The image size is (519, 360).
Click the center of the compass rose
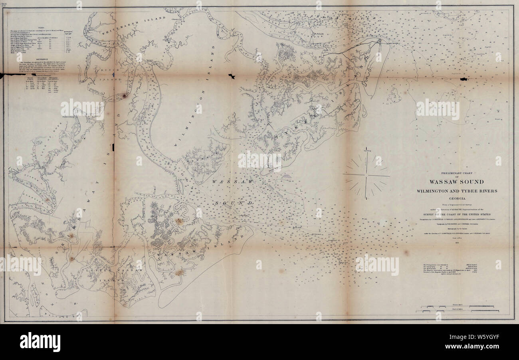[x=365, y=176]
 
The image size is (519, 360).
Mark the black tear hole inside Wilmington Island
[x=231, y=75]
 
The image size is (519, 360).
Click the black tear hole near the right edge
[x=464, y=79]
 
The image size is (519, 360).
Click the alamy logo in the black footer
[x=40, y=342]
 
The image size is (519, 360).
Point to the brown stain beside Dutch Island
[x=124, y=96]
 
